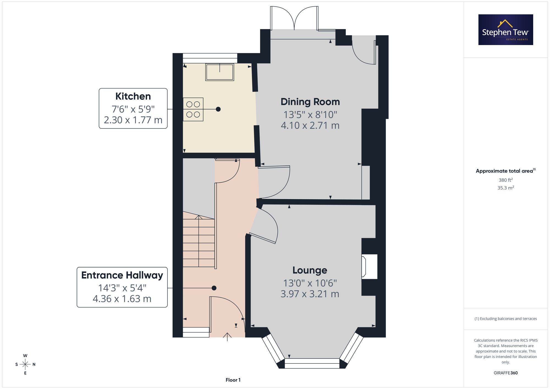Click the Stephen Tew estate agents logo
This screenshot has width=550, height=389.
point(506,30)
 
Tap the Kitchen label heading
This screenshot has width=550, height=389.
point(133,96)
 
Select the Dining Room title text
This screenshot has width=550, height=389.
point(310,102)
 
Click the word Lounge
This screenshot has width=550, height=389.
point(310,271)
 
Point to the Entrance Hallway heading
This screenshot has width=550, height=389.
point(122,275)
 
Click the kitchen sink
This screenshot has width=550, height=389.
point(220,72)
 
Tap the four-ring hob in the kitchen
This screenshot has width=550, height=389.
point(193,109)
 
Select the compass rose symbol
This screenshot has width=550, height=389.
point(25,365)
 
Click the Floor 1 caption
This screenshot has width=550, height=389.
point(233,380)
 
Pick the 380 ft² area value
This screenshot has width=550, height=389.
point(506,180)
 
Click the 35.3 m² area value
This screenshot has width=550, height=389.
point(506,188)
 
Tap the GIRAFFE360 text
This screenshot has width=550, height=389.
point(506,373)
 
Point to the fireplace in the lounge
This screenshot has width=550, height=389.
point(369,267)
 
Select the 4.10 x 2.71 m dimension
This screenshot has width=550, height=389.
point(310,126)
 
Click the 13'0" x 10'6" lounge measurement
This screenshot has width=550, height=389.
point(310,283)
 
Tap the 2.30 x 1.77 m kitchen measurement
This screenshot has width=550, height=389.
point(133,120)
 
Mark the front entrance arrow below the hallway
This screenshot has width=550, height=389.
point(227,337)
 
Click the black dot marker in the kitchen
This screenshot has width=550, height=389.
point(218,109)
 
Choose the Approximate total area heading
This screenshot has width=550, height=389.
point(506,171)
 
